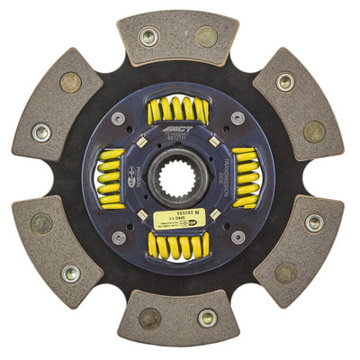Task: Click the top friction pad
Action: pos(178,38)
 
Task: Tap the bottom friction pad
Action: pos(178,318)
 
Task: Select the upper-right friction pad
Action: pos(298,106)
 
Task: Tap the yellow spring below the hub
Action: pos(178,245)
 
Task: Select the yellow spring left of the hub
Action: pos(109,178)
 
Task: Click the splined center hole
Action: pos(177,178)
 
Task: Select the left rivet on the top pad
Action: pos(149,37)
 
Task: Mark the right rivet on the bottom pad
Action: pos(207,318)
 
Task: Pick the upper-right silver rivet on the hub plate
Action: pos(237,118)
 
